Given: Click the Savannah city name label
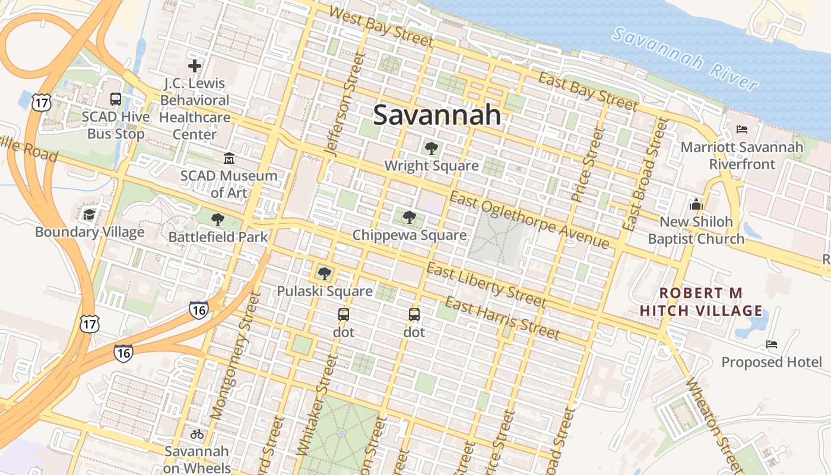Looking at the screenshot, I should tap(437, 115).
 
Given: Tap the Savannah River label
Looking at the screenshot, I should tap(686, 59).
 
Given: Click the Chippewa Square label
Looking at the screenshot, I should tap(410, 235).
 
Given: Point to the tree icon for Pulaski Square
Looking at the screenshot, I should tap(324, 274).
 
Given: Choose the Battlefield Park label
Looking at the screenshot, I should tap(218, 237).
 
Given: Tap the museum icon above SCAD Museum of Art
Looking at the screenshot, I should tap(229, 159).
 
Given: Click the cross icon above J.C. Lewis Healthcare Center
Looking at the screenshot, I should tap(194, 66).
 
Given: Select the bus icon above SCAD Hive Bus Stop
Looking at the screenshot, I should tap(116, 99).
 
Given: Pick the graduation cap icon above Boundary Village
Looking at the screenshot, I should tap(89, 214).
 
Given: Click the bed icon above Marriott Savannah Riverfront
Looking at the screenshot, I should tap(742, 129).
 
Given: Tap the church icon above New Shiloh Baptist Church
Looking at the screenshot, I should tap(696, 205).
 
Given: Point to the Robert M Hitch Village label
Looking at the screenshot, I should tap(701, 302).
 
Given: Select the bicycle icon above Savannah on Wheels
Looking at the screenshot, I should tap(197, 434).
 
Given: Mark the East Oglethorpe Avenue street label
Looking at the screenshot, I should tap(529, 220).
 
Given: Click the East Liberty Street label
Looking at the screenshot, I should tap(486, 286).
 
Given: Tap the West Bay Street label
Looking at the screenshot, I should tap(380, 27).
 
